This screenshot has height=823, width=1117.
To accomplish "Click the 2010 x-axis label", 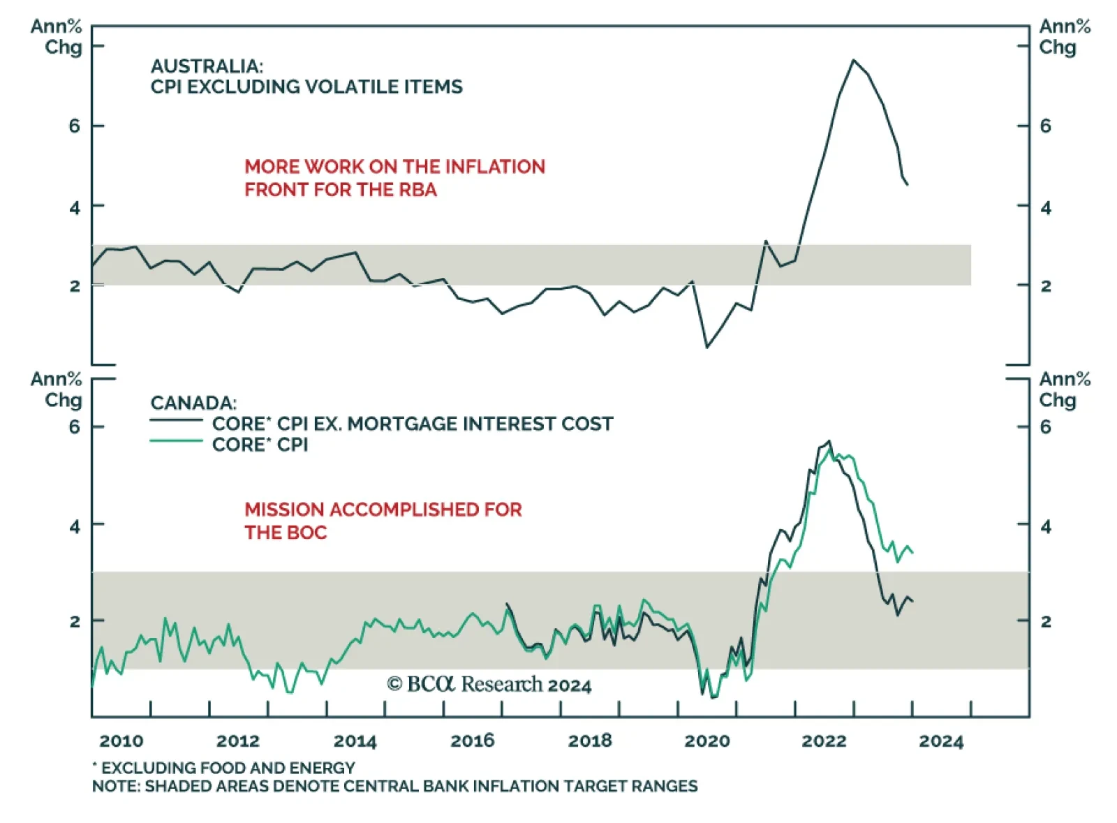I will [x=121, y=741].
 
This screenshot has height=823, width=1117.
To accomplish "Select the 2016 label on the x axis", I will [x=472, y=741].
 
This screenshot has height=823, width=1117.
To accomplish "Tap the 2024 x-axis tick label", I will [x=940, y=741].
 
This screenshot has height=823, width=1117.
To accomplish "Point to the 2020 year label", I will [x=707, y=741].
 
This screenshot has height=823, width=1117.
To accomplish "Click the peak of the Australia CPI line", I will [x=853, y=60].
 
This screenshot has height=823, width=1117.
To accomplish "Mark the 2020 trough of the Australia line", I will [x=707, y=346].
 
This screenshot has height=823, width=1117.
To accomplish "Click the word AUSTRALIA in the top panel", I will [x=206, y=66].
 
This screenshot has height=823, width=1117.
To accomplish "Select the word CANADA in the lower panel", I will [x=193, y=403].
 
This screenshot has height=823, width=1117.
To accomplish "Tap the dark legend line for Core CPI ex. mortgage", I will [x=176, y=420].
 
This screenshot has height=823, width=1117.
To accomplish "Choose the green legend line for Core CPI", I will [x=176, y=441].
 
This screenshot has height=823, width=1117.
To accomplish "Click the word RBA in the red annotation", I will [x=417, y=190].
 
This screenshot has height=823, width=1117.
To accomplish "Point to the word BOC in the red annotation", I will [x=306, y=533].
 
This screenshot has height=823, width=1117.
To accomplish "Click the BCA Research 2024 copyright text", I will [x=489, y=685].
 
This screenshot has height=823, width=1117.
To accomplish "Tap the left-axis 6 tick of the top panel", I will [x=75, y=126].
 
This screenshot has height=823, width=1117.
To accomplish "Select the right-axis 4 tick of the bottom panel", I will [x=1045, y=526].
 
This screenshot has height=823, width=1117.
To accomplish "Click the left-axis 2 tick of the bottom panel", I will [x=75, y=621].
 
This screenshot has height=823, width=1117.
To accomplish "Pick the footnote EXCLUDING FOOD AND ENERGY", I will [x=228, y=768].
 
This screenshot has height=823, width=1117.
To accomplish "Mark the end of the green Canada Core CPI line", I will [x=912, y=552].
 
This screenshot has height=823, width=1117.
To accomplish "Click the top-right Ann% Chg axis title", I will [x=1064, y=37].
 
